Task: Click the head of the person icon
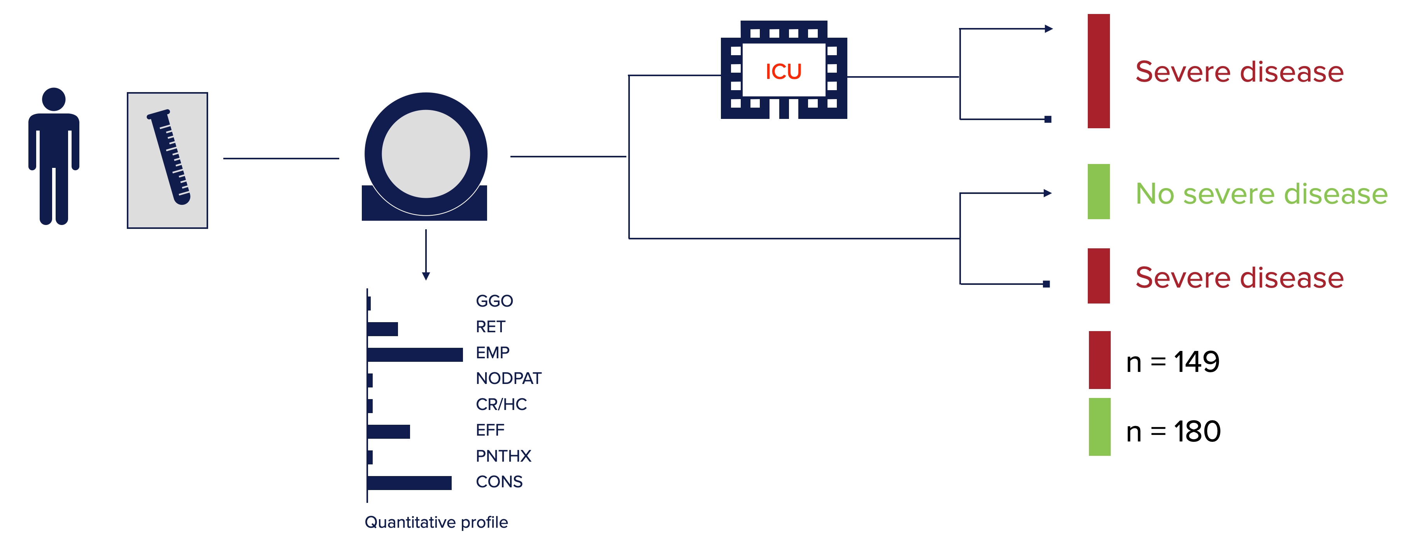tap(53, 99)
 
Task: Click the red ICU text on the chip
tap(783, 72)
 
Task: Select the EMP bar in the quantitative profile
tap(415, 354)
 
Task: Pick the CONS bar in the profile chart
tap(409, 483)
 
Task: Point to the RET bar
tap(382, 329)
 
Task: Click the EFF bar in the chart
tap(389, 431)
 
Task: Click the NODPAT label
tap(508, 378)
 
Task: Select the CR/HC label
tap(501, 404)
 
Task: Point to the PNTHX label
tap(503, 455)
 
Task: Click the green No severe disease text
tap(1261, 194)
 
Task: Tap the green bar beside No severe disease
tap(1098, 192)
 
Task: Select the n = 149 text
tap(1173, 362)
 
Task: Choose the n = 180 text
tap(1173, 431)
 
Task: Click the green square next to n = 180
tap(1099, 427)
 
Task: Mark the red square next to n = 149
tap(1099, 360)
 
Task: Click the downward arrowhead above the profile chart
tap(426, 276)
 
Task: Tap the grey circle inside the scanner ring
tap(426, 154)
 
